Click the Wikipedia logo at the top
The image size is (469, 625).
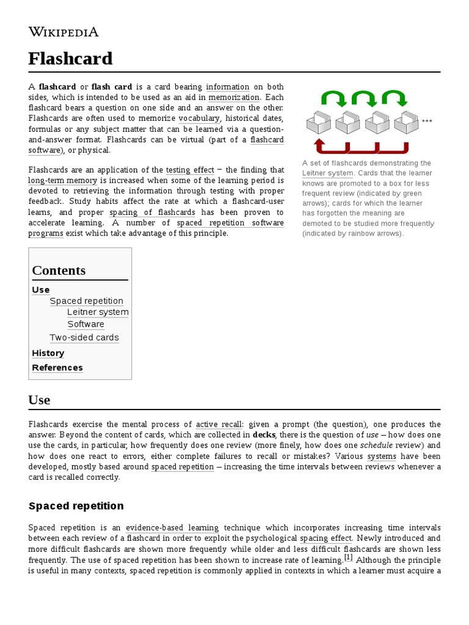coord(64,32)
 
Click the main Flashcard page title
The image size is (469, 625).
coord(71,59)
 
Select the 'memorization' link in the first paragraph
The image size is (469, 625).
coord(234,97)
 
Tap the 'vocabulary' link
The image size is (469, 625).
coord(199,118)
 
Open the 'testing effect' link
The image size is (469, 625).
coord(190,170)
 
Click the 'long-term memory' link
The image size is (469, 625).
coord(63,181)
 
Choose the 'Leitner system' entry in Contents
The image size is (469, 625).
coord(98,312)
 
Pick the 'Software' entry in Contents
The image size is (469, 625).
coord(85,324)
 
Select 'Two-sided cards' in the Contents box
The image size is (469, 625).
coord(84,338)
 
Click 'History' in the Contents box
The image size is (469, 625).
coord(48,353)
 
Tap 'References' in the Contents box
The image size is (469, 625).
coord(57,367)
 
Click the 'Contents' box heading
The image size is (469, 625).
coord(59,270)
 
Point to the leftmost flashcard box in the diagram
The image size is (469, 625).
coord(319,122)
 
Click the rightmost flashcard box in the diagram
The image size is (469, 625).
coord(406,122)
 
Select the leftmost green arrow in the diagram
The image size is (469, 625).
coord(333,98)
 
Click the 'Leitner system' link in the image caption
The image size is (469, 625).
coord(327,173)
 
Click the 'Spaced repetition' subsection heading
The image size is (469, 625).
coord(76,506)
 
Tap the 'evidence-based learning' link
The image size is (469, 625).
coord(172,527)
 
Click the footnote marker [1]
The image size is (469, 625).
coord(349,558)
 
